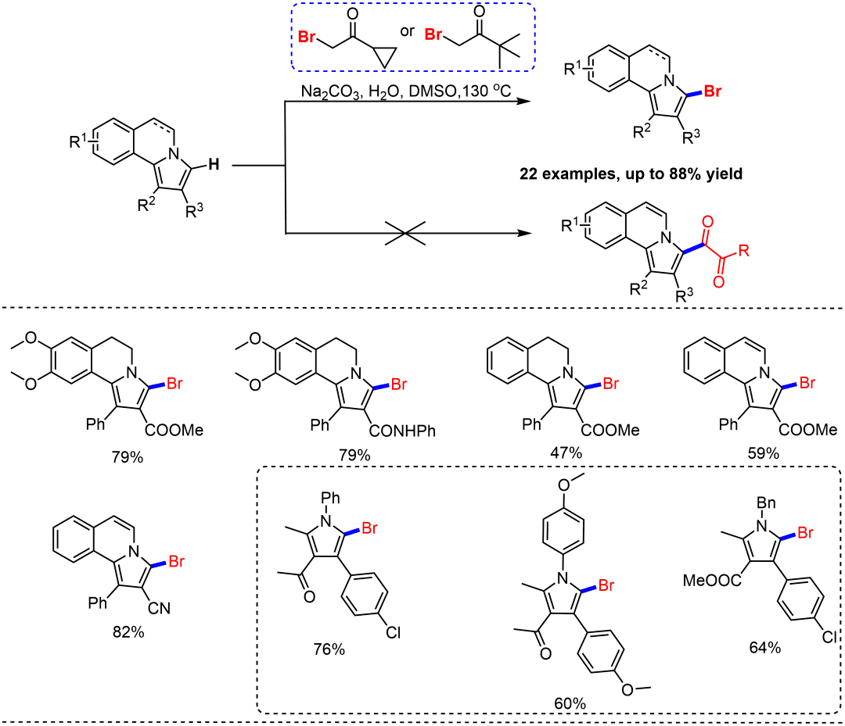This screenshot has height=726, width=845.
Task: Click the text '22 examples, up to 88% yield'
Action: (x=631, y=173)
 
